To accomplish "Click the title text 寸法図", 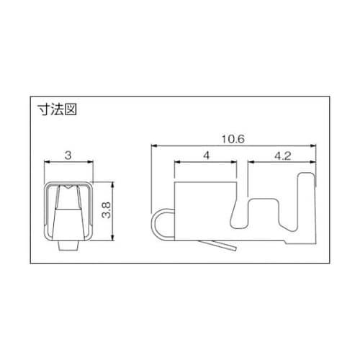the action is click(x=57, y=110).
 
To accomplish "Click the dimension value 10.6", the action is click(x=233, y=139).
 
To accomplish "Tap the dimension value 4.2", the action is click(x=282, y=156).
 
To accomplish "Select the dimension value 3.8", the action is click(x=106, y=210).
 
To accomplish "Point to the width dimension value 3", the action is click(x=68, y=156).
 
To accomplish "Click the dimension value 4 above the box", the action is click(x=206, y=156).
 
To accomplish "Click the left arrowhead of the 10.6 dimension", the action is click(x=153, y=145).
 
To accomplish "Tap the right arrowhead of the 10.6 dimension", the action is click(x=313, y=145).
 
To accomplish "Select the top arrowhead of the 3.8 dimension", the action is click(x=112, y=184).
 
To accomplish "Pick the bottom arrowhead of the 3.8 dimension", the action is click(x=112, y=238).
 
